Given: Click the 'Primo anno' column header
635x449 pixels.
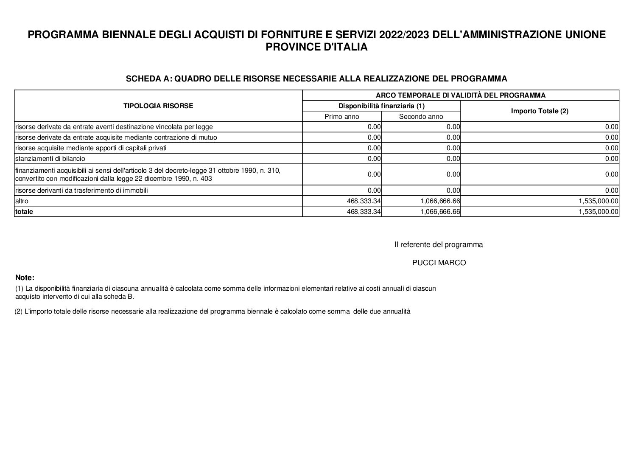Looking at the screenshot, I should [x=341, y=116].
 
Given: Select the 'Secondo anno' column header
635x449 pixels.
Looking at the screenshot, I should [x=421, y=116].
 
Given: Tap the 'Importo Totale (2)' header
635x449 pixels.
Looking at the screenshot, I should [x=540, y=111].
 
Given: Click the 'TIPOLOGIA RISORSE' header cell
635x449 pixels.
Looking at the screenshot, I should [x=158, y=106].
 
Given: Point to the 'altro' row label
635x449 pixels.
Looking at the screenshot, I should [x=22, y=201].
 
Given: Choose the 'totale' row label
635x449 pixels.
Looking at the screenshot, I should [x=24, y=211].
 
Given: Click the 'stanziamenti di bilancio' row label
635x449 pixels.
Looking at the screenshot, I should [x=50, y=158].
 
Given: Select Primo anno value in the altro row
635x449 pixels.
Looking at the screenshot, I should [x=364, y=201].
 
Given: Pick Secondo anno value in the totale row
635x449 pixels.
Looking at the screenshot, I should [x=440, y=211].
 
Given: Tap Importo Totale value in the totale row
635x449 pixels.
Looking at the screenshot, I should [x=598, y=211].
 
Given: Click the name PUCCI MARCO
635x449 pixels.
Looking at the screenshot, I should [x=439, y=263].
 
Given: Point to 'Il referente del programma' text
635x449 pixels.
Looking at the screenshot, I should [x=439, y=244].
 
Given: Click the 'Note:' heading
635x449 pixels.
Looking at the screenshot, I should [x=25, y=278].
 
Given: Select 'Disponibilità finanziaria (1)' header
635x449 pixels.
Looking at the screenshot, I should [x=381, y=106].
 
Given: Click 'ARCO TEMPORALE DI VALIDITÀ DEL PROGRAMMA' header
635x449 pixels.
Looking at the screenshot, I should [x=460, y=95].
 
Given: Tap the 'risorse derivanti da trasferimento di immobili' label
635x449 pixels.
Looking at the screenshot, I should [x=81, y=190].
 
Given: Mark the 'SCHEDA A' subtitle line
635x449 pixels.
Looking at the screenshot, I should [x=316, y=79].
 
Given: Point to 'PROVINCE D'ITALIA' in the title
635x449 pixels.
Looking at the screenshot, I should [x=316, y=47].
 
